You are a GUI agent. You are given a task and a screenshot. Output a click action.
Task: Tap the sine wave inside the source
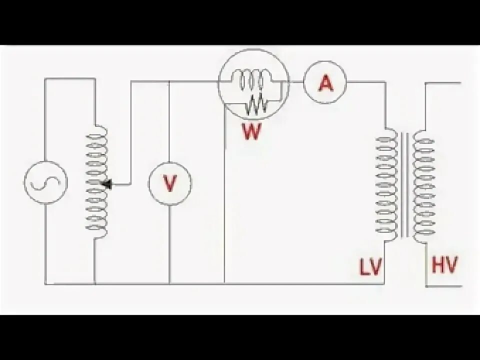point(45,184)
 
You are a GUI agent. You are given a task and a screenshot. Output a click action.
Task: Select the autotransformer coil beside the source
point(96,180)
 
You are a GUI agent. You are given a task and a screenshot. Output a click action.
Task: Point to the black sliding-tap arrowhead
point(106,184)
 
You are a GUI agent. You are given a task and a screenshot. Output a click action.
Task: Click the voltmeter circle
point(170,183)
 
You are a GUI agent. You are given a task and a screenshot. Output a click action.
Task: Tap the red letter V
point(170,184)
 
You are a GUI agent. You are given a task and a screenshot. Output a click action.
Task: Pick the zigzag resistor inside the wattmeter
point(257,104)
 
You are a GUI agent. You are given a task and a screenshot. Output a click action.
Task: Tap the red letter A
point(325,83)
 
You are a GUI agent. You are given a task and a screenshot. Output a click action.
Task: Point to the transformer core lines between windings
point(405,185)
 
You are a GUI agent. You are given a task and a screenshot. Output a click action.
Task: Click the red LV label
point(370,267)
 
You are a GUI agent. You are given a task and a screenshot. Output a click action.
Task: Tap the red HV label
point(444,264)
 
